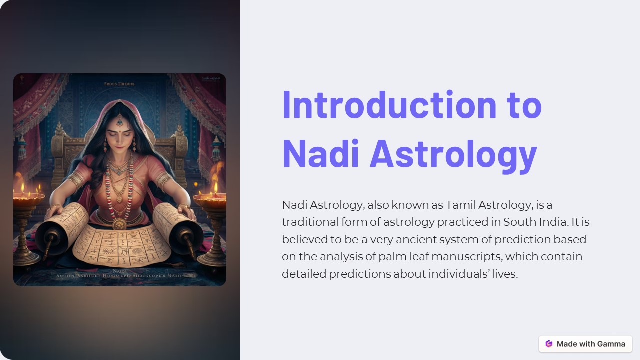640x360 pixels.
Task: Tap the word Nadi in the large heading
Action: [x=320, y=154]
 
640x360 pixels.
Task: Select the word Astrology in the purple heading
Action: [x=453, y=154]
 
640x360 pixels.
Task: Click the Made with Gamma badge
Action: [x=585, y=344]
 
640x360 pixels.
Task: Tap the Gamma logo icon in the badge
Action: [x=549, y=344]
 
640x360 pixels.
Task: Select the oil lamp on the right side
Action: [x=210, y=200]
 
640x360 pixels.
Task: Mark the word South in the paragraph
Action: [x=520, y=222]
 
